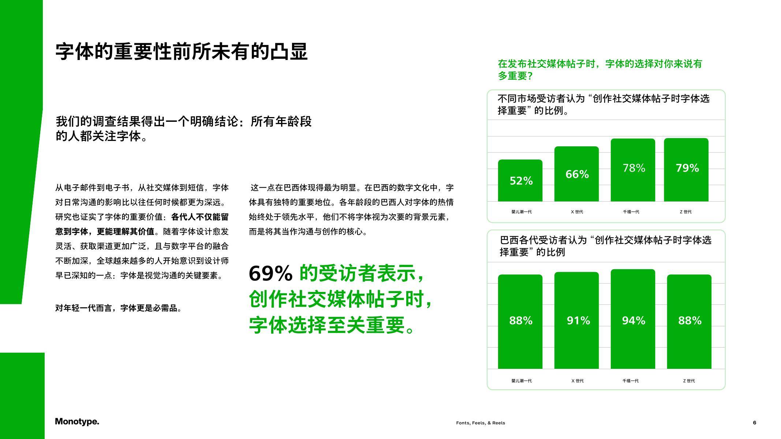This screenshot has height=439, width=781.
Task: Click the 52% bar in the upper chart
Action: point(520,180)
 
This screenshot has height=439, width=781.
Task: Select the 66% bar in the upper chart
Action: point(576,174)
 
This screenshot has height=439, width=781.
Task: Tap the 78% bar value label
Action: point(634,168)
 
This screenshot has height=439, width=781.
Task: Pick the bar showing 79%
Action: point(686,170)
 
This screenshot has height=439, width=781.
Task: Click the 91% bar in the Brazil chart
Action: point(576,320)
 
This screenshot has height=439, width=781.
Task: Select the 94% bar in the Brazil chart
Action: point(633,319)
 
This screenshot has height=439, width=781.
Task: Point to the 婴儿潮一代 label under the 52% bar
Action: point(522,212)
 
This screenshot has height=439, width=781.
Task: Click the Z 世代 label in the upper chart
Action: point(686,212)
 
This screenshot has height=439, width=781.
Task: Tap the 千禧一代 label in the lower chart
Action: point(631,381)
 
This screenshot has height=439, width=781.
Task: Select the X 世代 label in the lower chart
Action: point(578,381)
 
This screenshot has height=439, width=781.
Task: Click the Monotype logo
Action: point(77,421)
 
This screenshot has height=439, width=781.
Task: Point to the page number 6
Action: point(755,423)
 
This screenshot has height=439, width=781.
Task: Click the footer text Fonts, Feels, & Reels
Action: point(481,423)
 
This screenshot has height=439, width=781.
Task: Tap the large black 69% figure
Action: point(270,273)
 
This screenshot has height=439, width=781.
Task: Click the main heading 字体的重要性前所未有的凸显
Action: point(182,52)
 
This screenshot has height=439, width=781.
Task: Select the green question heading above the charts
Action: point(600,70)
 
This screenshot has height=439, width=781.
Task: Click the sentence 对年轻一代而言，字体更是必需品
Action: point(119,308)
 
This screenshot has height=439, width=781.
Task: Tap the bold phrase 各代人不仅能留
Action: point(200,217)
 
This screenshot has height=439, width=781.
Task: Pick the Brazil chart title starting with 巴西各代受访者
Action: point(606,246)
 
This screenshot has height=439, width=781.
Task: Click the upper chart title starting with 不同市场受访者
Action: point(603,104)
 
